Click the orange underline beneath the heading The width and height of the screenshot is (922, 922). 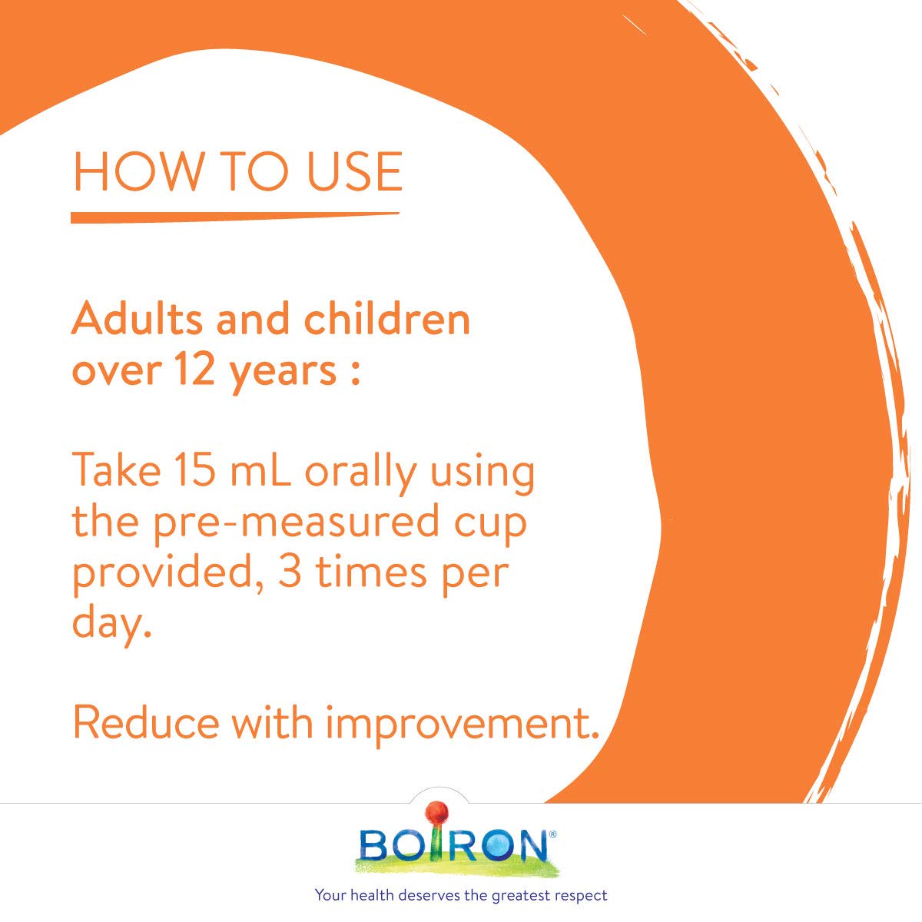point(234,217)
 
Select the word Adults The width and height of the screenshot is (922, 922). point(138,319)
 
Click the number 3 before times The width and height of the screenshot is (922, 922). point(290,573)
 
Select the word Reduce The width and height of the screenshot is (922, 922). point(146,723)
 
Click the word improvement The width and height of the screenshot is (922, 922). point(462,725)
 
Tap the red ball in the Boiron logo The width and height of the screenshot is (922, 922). point(437,812)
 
